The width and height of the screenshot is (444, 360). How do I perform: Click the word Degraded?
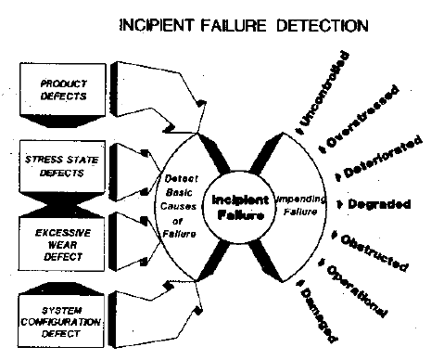(384, 202)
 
